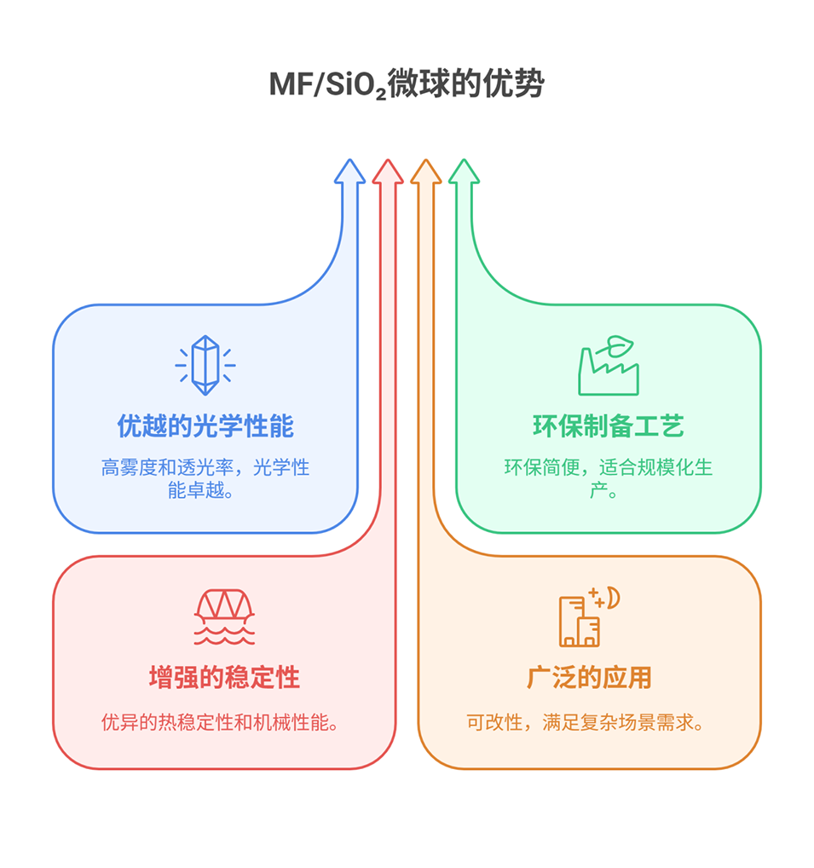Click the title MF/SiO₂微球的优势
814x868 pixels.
click(x=407, y=84)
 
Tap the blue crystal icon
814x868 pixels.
click(x=205, y=366)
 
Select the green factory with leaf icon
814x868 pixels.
click(x=608, y=366)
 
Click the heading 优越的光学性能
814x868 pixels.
click(x=205, y=426)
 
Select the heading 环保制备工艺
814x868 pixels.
click(x=608, y=426)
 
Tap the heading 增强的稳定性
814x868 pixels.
click(x=224, y=678)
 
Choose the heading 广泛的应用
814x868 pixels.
click(x=589, y=678)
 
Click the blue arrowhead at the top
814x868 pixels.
click(x=349, y=171)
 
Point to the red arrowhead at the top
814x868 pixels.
click(x=388, y=171)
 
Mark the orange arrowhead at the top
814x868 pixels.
click(x=426, y=171)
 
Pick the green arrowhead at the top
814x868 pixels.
click(x=465, y=171)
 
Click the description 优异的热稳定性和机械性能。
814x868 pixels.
click(x=224, y=724)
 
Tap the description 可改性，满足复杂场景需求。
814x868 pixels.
click(x=589, y=724)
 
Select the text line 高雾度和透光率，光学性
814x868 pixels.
click(x=205, y=467)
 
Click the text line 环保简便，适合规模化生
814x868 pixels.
click(x=608, y=467)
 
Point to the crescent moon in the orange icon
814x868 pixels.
click(x=612, y=597)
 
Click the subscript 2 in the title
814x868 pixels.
click(x=381, y=93)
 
